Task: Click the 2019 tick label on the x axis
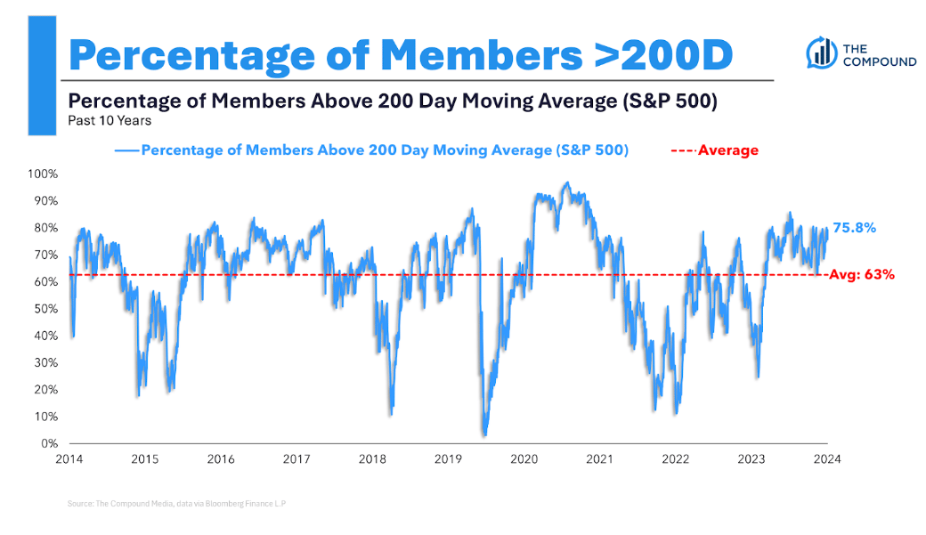(x=448, y=459)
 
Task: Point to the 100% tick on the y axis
(x=45, y=174)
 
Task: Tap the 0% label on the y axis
(x=51, y=443)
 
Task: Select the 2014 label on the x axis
(x=69, y=459)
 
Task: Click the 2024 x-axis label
(x=827, y=459)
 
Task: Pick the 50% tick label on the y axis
(x=48, y=309)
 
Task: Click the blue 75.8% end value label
(x=854, y=228)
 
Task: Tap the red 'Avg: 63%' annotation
(x=861, y=275)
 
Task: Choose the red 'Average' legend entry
(x=727, y=150)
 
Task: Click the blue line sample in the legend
(x=126, y=150)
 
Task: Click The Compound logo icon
(x=819, y=53)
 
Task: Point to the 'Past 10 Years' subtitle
(x=109, y=120)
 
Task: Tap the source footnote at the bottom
(x=176, y=504)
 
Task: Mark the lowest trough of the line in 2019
(x=484, y=434)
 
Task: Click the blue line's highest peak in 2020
(x=566, y=182)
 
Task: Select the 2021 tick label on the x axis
(x=599, y=459)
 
